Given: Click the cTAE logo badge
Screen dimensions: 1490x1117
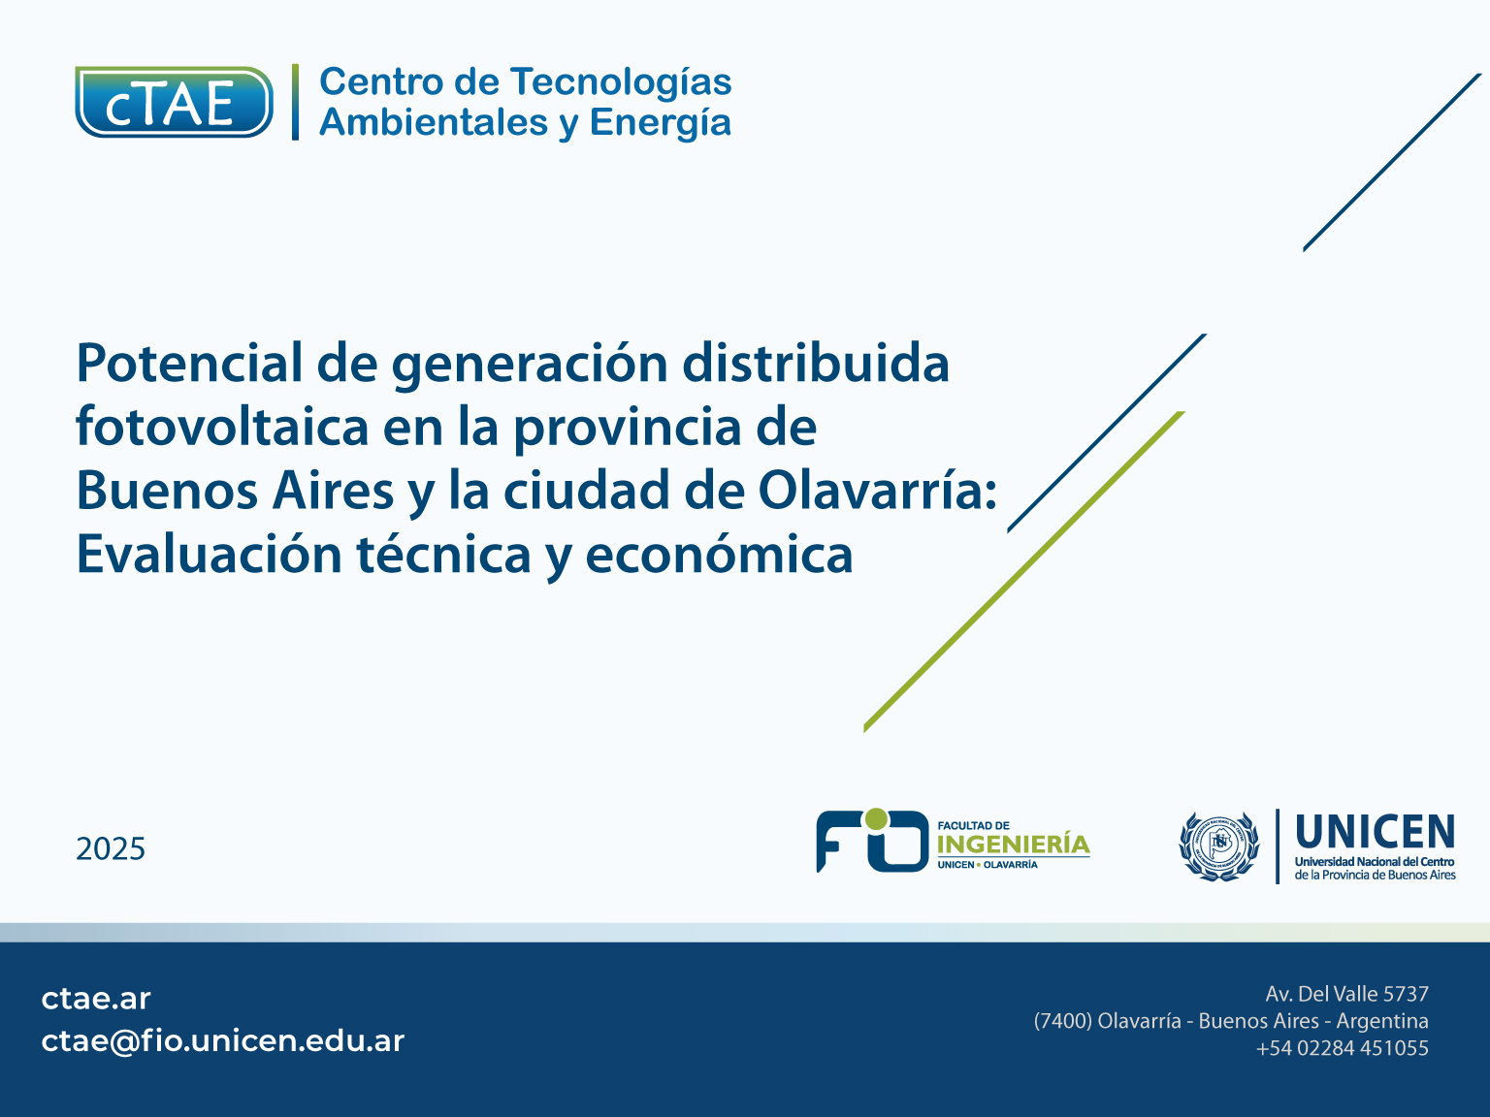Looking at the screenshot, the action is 174,102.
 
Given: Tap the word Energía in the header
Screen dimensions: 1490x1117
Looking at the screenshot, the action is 661,124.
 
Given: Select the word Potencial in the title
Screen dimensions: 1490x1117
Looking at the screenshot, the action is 189,363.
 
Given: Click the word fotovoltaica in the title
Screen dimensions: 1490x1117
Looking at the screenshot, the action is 222,427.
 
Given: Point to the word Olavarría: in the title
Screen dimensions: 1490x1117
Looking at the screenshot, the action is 877,490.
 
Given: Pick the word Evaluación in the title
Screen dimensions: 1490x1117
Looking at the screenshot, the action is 210,554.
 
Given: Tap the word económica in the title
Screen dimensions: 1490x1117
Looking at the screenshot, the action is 719,554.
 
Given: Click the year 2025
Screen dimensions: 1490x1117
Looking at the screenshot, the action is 111,849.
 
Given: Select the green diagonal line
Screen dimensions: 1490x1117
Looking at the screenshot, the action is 1024,572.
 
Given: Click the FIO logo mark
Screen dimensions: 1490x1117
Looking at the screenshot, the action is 872,841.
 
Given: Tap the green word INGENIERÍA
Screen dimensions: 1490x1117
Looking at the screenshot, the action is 1014,845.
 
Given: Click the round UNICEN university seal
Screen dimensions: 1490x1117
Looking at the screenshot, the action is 1219,846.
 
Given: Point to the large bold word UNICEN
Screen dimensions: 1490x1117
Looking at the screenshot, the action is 1375,832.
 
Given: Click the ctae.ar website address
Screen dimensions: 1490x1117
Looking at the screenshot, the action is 96,999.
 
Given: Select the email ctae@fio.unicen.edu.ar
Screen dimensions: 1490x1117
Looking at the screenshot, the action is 223,1041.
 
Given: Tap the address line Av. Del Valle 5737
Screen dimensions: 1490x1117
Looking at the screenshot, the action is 1346,994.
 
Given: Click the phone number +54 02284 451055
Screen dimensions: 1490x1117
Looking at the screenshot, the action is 1342,1048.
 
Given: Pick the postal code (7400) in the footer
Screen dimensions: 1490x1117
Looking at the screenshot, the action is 1062,1021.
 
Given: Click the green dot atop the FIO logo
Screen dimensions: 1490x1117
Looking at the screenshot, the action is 876,818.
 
